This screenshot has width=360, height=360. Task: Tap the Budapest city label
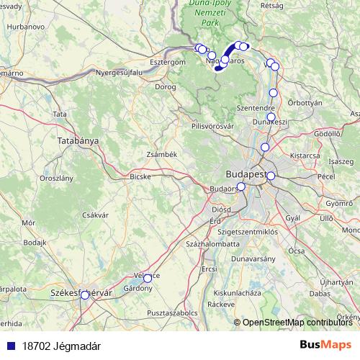[246, 174]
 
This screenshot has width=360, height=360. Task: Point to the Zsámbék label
[161, 154]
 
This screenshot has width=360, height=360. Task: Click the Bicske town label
[140, 176]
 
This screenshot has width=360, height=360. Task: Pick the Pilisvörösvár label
[212, 126]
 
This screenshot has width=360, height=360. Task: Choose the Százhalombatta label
[212, 244]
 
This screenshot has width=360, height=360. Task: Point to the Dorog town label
[165, 86]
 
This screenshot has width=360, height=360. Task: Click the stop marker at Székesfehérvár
[85, 294]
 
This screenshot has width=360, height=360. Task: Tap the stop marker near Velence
[148, 278]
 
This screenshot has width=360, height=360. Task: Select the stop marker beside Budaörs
[240, 186]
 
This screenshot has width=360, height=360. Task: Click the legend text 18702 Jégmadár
[61, 346]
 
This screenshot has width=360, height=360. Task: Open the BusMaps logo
[326, 346]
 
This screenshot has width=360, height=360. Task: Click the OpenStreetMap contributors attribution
[297, 323]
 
